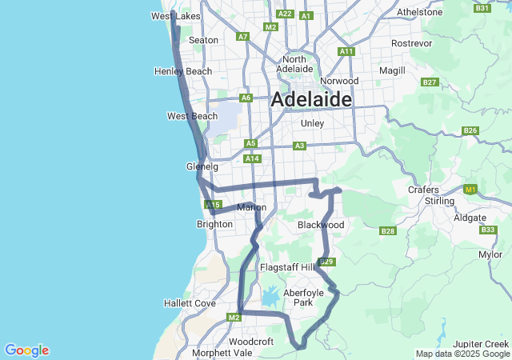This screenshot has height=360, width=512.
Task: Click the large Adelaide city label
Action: (311, 100)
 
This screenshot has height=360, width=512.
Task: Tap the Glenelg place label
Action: (202, 166)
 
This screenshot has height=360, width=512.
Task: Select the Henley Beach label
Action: (183, 71)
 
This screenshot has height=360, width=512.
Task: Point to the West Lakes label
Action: (176, 16)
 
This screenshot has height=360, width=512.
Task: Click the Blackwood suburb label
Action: (321, 225)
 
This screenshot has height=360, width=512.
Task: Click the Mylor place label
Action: (490, 254)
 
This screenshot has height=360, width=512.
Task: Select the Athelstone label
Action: (419, 12)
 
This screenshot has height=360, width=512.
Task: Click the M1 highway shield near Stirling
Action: (470, 190)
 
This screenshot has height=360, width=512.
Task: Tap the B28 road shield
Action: (388, 231)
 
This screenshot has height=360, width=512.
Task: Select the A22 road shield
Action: (284, 14)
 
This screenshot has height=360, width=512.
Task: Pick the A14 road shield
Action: (253, 158)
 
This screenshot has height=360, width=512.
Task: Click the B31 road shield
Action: (482, 8)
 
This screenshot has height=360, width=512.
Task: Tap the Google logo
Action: (26, 350)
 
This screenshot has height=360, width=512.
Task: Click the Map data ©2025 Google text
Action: (462, 354)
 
